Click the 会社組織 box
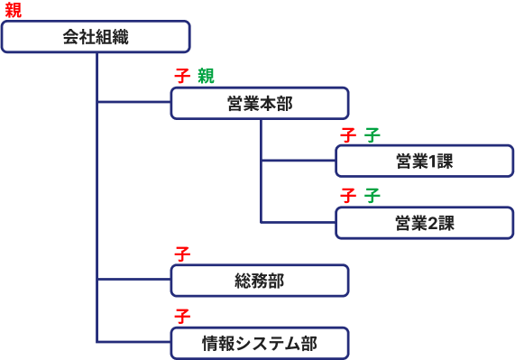click(96, 37)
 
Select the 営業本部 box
click(260, 103)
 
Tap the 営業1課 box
click(424, 161)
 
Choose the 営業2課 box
click(424, 223)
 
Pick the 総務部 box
click(260, 281)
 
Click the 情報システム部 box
click(260, 343)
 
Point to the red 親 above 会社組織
click(13, 10)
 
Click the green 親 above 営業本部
click(206, 76)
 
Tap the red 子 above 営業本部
click(182, 76)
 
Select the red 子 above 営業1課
click(348, 134)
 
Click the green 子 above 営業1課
click(372, 134)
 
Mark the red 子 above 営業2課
click(348, 195)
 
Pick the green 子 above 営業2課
click(372, 195)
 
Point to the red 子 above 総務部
click(182, 254)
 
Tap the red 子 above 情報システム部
click(182, 316)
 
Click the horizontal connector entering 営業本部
click(133, 102)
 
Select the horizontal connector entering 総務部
click(133, 280)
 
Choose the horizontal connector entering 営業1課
click(298, 161)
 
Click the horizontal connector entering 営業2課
click(298, 222)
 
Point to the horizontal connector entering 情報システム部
click(133, 342)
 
